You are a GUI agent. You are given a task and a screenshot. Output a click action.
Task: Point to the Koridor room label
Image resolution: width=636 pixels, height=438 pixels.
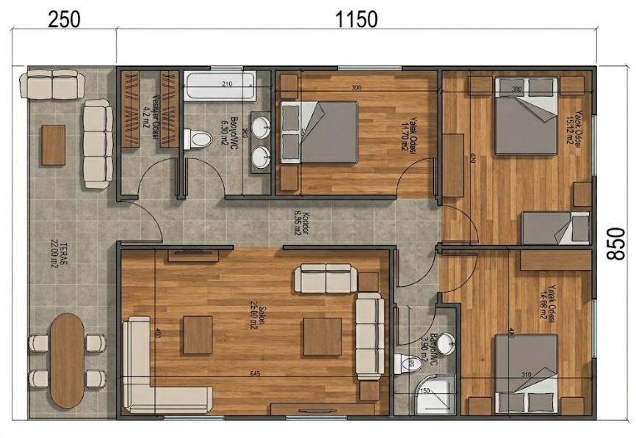[297, 222]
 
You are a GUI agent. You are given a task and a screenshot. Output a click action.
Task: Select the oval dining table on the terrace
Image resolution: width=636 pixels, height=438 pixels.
[67, 360]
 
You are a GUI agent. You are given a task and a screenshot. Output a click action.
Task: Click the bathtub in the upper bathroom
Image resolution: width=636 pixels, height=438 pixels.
[220, 87]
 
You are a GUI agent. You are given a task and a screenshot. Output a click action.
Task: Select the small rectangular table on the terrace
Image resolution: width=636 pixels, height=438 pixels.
[53, 145]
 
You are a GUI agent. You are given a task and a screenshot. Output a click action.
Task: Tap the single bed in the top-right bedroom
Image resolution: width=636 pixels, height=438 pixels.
[556, 228]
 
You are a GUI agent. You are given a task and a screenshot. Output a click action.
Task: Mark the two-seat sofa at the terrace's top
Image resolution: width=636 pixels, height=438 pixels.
[52, 84]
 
